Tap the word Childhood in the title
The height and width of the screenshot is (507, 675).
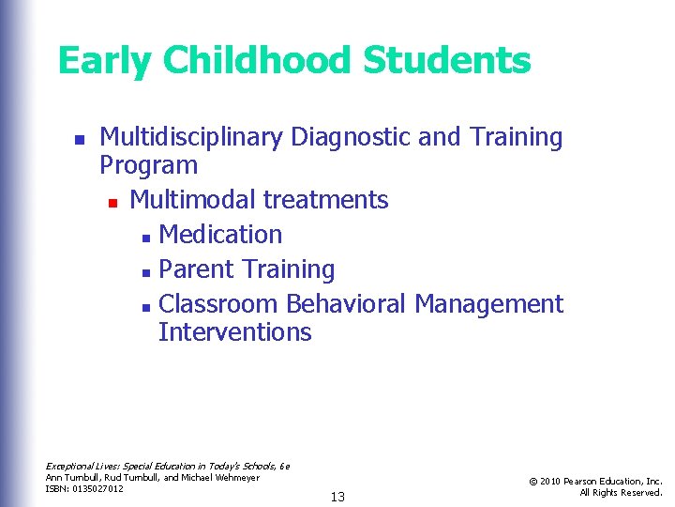pyautogui.click(x=256, y=62)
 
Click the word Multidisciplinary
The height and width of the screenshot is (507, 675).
pyautogui.click(x=192, y=138)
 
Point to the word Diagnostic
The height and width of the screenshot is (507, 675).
pyautogui.click(x=351, y=138)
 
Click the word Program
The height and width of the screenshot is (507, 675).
pyautogui.click(x=148, y=166)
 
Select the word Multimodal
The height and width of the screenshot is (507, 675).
pyautogui.click(x=193, y=200)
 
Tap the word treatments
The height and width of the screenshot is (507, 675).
pyautogui.click(x=326, y=200)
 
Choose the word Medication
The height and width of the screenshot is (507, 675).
pyautogui.click(x=220, y=235)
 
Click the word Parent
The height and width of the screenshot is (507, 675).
pyautogui.click(x=197, y=269)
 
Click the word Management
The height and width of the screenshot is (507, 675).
pyautogui.click(x=488, y=304)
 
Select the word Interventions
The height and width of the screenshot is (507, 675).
pyautogui.click(x=234, y=332)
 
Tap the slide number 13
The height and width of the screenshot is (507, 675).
pyautogui.click(x=337, y=497)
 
